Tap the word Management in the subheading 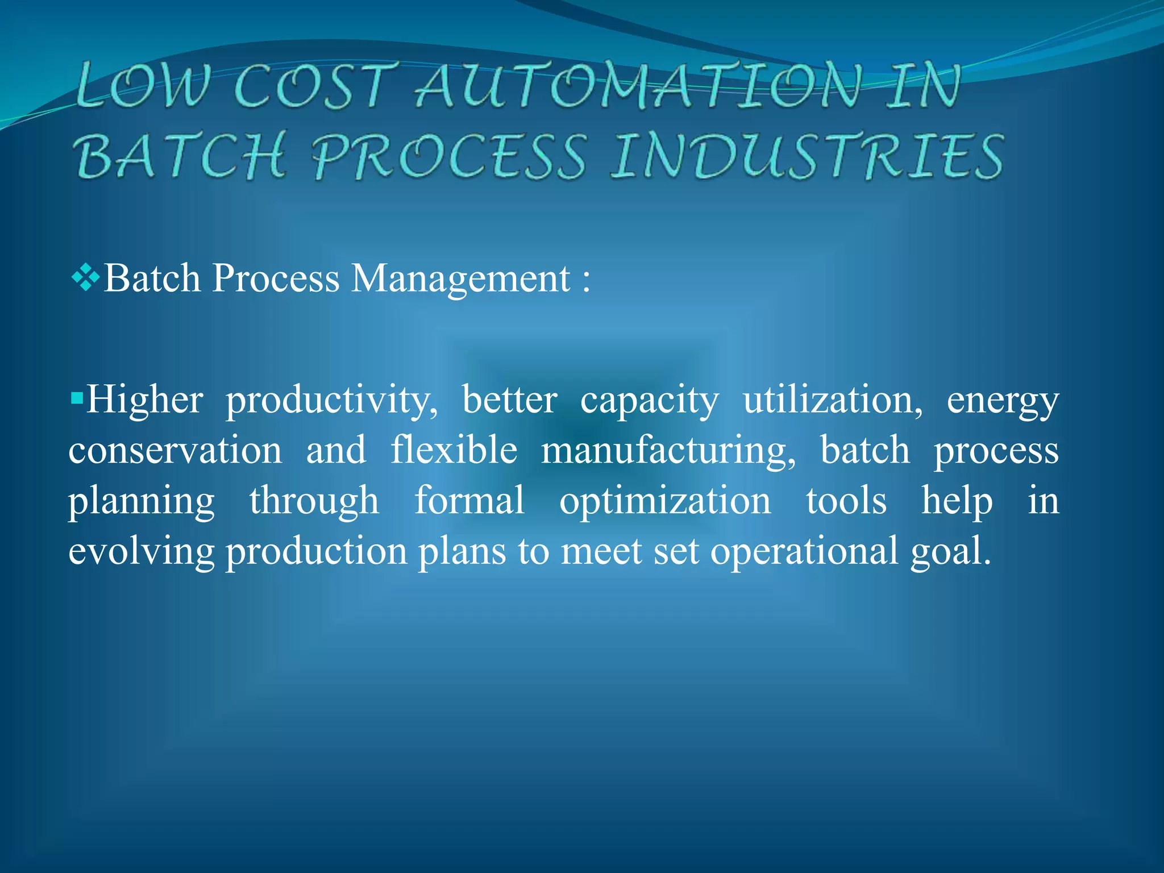tap(461, 278)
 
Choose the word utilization tap(833, 400)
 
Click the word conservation tap(175, 451)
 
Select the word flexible tap(454, 450)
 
